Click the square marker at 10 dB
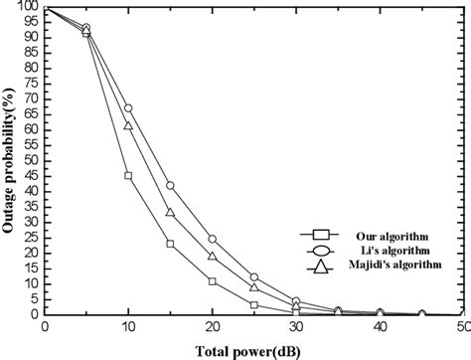click(128, 175)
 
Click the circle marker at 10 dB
click(128, 107)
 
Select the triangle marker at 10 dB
click(128, 125)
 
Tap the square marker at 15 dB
click(170, 244)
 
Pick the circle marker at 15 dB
click(170, 185)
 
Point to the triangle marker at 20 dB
click(212, 256)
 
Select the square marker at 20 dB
click(212, 281)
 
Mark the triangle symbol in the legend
click(320, 266)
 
